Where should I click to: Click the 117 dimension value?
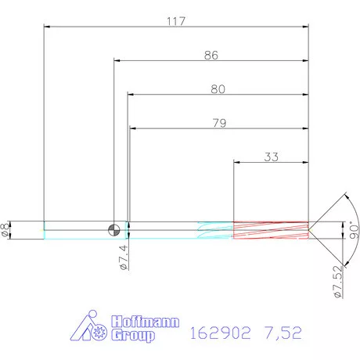(175, 21)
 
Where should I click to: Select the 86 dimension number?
(211, 55)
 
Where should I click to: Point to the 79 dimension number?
(218, 122)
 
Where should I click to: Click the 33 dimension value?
(271, 156)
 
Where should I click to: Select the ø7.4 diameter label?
(124, 256)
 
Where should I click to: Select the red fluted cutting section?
(270, 229)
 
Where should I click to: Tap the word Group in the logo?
(133, 336)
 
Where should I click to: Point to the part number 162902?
(220, 333)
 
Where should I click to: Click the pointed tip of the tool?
(310, 229)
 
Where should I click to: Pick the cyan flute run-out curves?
(215, 229)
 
